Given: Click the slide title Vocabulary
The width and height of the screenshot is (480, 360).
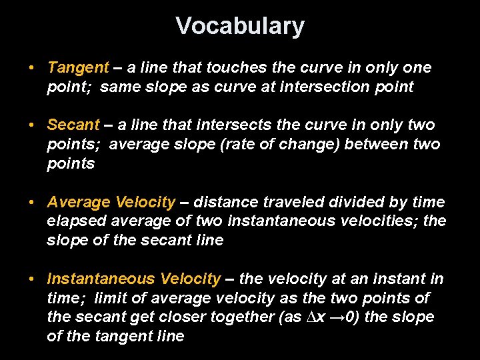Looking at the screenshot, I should [240, 26].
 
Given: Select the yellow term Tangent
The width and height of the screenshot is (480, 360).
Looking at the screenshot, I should [77, 67].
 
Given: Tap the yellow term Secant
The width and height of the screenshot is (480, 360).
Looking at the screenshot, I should [73, 125].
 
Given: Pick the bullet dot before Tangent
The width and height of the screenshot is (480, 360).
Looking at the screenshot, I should [31, 68].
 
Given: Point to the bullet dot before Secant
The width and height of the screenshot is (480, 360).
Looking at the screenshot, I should [31, 125].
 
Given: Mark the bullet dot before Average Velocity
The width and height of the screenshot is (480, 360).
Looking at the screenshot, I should [31, 202].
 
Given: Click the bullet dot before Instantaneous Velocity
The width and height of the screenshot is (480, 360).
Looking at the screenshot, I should [31, 279].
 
